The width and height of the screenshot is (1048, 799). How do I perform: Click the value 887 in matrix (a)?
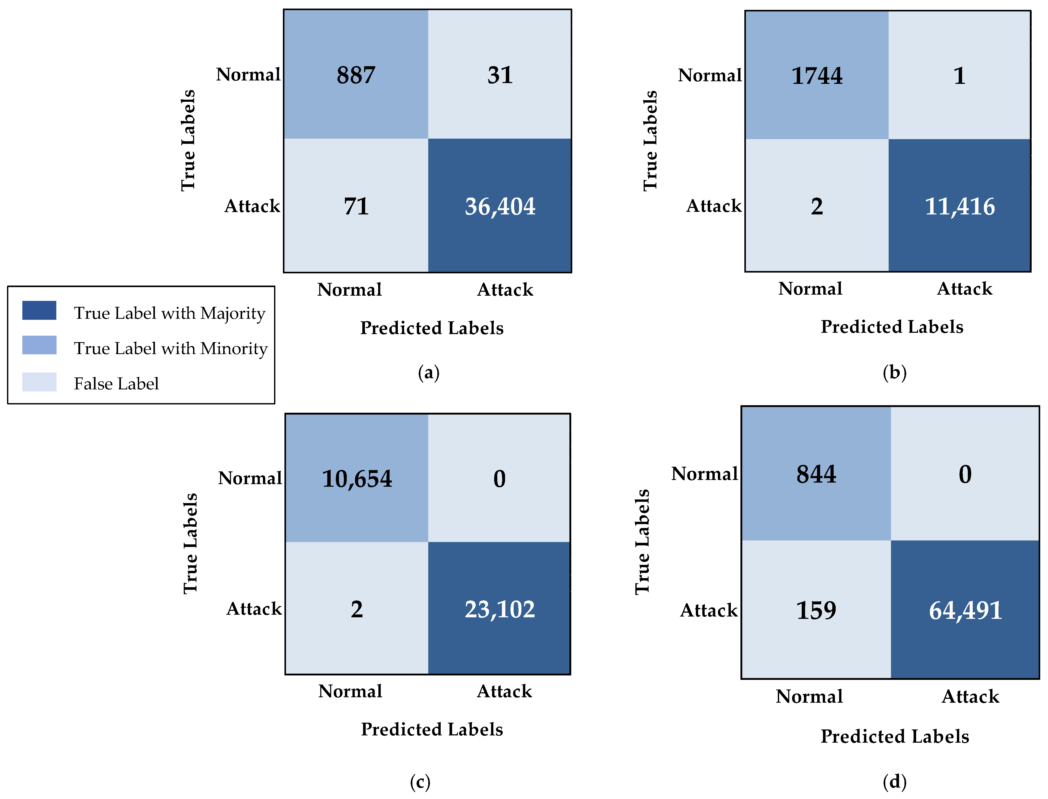356,75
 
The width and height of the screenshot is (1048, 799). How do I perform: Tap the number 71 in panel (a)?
356,206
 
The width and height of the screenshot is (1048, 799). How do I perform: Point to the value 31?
500,75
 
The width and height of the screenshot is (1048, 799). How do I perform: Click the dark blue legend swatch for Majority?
39,310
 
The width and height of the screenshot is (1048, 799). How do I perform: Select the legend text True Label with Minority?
171,349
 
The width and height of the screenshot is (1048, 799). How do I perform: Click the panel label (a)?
428,373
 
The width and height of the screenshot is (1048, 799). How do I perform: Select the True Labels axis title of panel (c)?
190,544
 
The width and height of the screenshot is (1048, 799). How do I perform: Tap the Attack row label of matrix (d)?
709,611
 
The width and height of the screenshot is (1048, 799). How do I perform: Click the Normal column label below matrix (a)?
350,290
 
